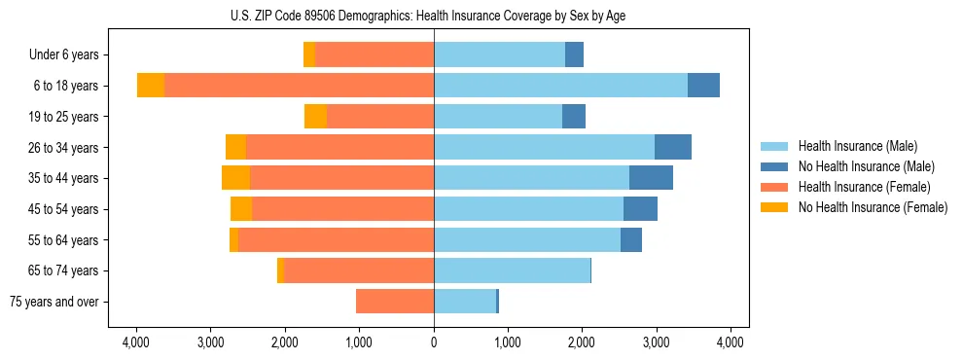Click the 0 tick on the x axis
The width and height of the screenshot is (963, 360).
pyautogui.click(x=434, y=342)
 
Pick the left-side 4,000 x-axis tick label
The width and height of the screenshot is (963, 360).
pyautogui.click(x=136, y=342)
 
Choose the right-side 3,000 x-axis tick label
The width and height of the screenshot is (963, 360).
pyautogui.click(x=656, y=342)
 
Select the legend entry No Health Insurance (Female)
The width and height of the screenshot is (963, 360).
pyautogui.click(x=873, y=207)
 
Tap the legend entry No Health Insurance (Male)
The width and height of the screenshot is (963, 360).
pyautogui.click(x=866, y=166)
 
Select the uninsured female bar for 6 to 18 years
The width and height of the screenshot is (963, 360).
pyautogui.click(x=151, y=86)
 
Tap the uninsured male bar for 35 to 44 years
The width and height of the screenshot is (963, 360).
pyautogui.click(x=651, y=178)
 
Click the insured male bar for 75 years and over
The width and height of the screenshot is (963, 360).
pyautogui.click(x=465, y=302)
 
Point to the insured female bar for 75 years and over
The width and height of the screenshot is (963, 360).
pyautogui.click(x=395, y=302)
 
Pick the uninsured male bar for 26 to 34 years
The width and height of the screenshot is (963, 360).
pyautogui.click(x=673, y=147)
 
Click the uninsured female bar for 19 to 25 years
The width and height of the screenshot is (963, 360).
pyautogui.click(x=315, y=117)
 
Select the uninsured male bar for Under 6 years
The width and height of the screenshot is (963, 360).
pyautogui.click(x=574, y=55)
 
